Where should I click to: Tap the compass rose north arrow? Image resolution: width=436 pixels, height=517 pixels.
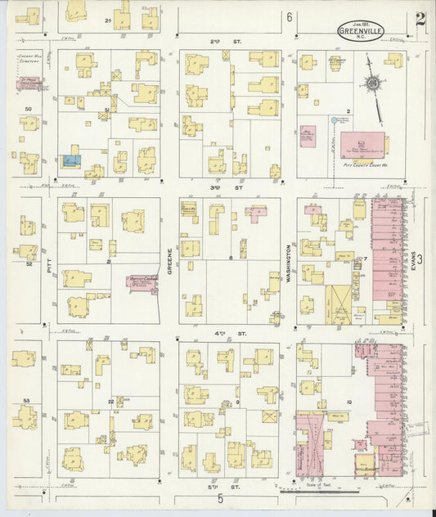pyautogui.click(x=373, y=83)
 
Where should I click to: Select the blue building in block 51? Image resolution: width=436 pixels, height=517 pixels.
pyautogui.click(x=70, y=160)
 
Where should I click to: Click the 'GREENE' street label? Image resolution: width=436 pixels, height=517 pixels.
pyautogui.click(x=170, y=260)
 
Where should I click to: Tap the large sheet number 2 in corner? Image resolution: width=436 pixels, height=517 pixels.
pyautogui.click(x=419, y=20)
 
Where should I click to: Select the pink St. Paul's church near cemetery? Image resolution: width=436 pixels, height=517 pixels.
pyautogui.click(x=30, y=83)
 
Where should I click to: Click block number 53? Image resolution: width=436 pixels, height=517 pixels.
pyautogui.click(x=27, y=401)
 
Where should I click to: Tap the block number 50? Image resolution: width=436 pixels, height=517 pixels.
pyautogui.click(x=28, y=108)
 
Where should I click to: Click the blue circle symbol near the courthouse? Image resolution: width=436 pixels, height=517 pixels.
pyautogui.click(x=333, y=120)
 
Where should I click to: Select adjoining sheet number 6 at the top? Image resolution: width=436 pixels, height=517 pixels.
pyautogui.click(x=289, y=16)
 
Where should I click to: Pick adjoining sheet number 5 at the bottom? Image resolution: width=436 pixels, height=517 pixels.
pyautogui.click(x=220, y=499)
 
